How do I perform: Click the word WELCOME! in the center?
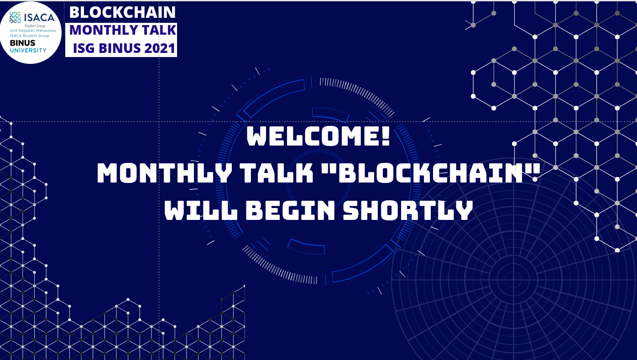(x=318, y=136)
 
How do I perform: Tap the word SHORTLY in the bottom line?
(x=408, y=210)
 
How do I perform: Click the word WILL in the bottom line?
(x=201, y=210)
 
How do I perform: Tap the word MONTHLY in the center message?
(x=164, y=173)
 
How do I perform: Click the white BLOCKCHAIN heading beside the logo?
(x=122, y=12)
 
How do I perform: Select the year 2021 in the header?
(x=160, y=48)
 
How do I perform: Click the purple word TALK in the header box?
(x=159, y=30)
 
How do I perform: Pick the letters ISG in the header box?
(x=84, y=48)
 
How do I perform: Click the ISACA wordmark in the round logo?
(x=40, y=18)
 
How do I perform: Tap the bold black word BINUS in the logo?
(x=22, y=43)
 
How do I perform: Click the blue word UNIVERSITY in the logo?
(x=28, y=50)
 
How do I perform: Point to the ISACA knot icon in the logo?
(x=15, y=17)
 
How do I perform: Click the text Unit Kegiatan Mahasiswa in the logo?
(x=33, y=31)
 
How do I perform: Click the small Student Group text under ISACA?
(x=35, y=26)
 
